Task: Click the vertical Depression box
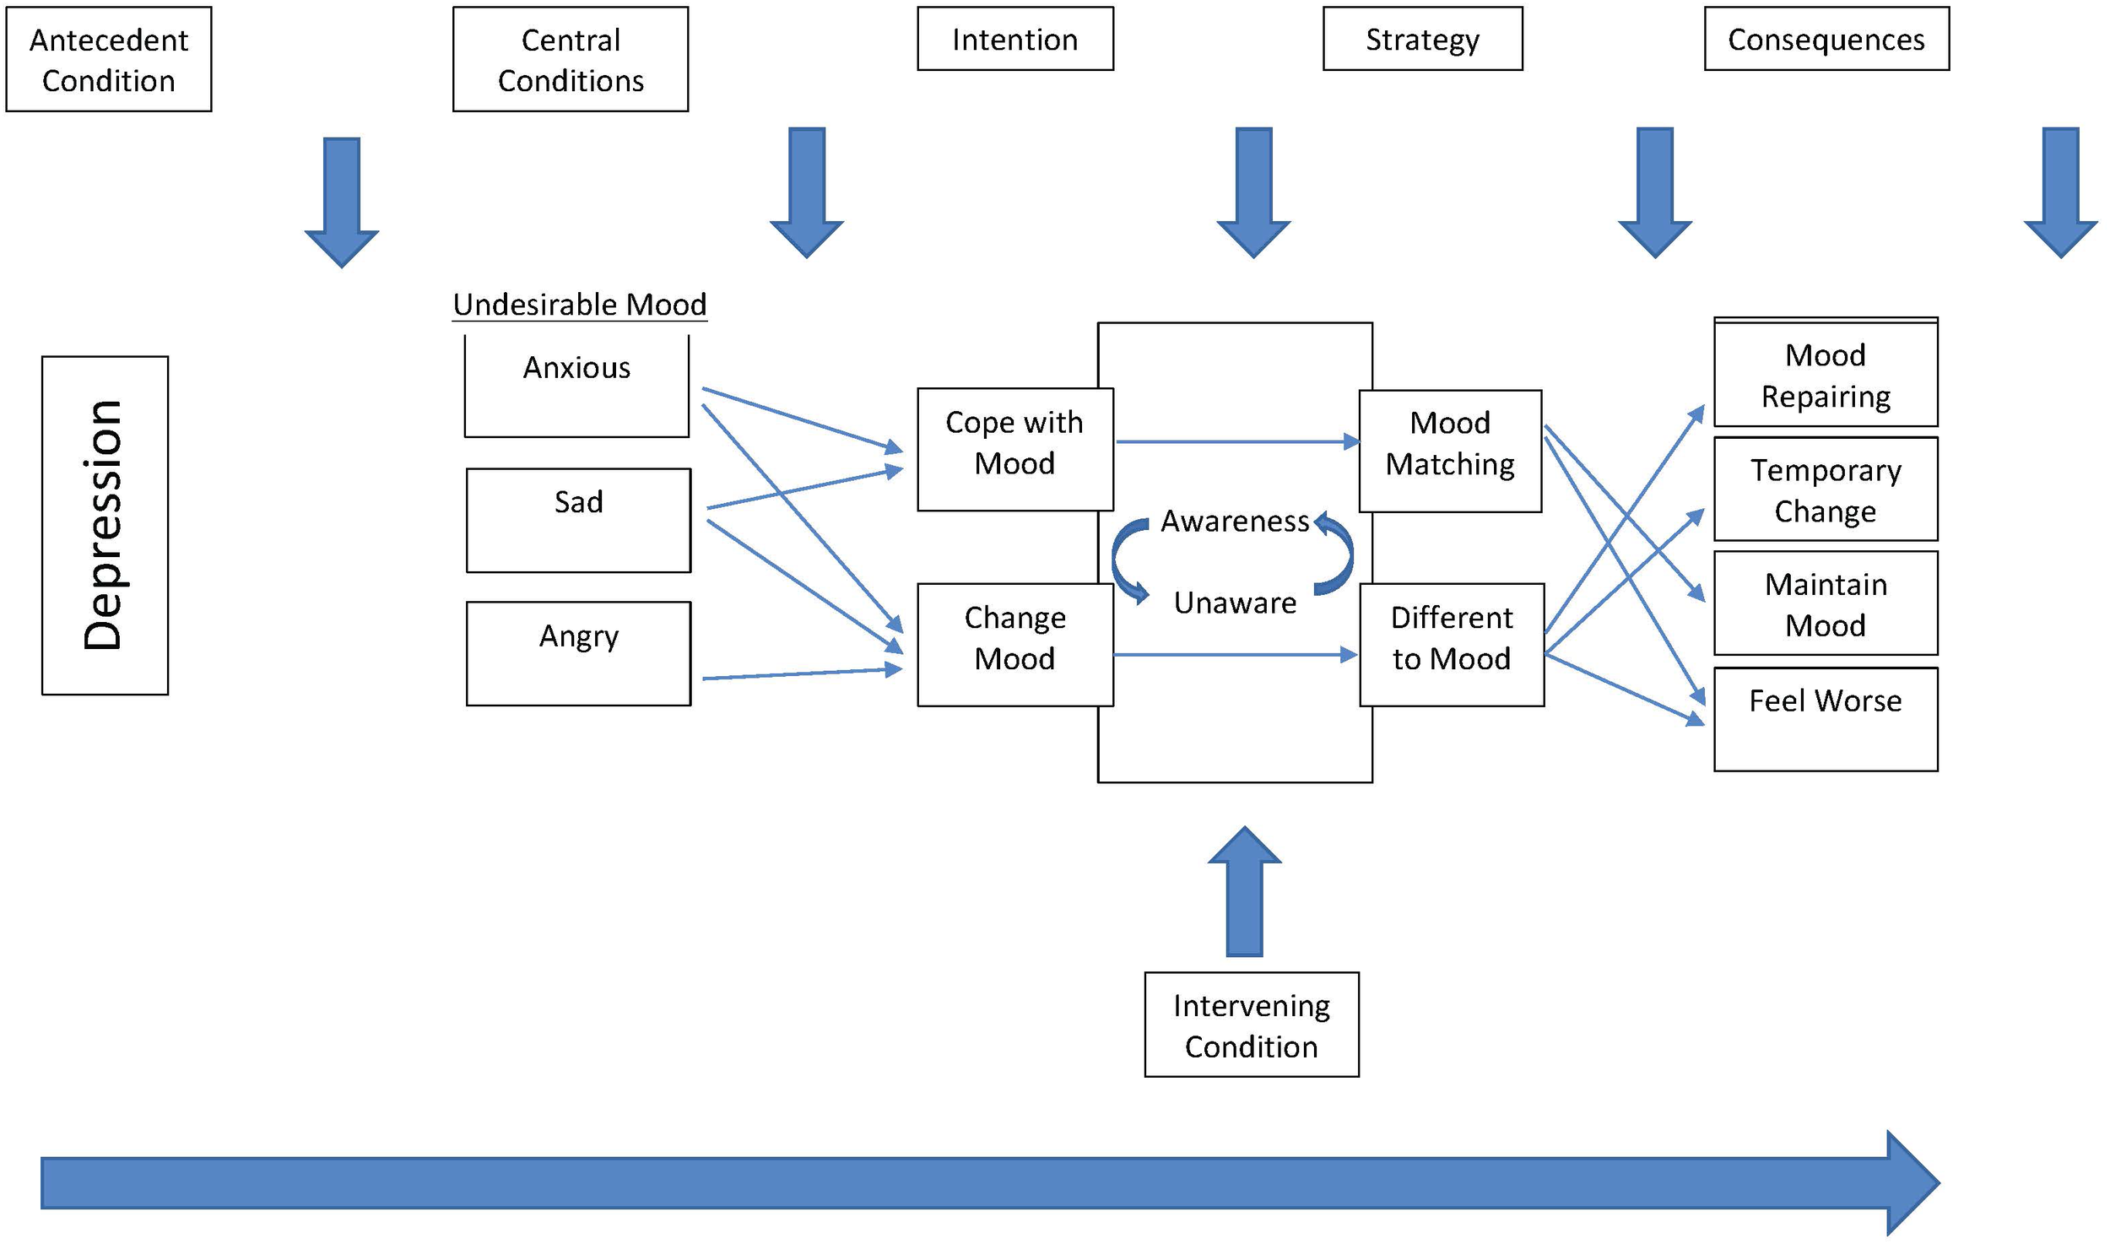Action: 105,525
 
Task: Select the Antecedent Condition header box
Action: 109,59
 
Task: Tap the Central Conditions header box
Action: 571,59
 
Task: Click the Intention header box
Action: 1014,39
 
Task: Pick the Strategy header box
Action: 1422,39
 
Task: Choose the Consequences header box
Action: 1826,39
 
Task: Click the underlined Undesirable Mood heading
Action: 579,305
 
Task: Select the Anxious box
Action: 576,386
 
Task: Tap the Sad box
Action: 578,520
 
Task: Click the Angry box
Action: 578,653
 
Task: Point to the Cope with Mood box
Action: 1014,449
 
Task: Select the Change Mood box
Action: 1014,644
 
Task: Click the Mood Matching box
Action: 1450,451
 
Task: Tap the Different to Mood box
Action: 1452,644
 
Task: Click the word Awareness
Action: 1235,522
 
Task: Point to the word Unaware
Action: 1235,603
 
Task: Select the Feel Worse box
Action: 1826,719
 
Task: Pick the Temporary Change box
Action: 1826,489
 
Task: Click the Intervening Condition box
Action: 1251,1025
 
